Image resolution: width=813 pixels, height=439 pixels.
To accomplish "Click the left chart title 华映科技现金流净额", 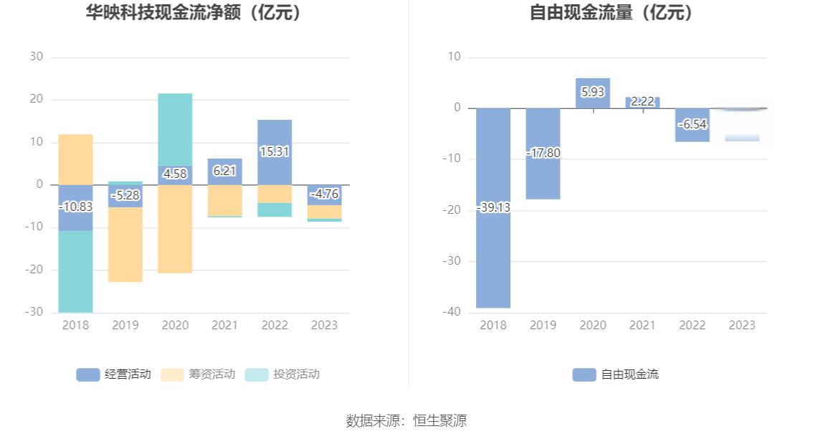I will pyautogui.click(x=193, y=12).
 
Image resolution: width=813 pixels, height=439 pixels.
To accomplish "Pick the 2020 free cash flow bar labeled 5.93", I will pyautogui.click(x=593, y=93).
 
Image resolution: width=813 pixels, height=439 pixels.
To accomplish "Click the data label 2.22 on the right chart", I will pyautogui.click(x=642, y=102).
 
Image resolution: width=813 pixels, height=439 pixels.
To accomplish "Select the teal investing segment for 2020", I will pyautogui.click(x=175, y=129).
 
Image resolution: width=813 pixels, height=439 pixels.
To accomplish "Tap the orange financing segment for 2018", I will pyautogui.click(x=75, y=159).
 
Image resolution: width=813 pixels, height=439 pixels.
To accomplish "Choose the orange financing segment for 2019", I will pyautogui.click(x=125, y=244).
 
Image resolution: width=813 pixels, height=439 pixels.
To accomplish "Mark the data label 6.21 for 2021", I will pyautogui.click(x=224, y=171).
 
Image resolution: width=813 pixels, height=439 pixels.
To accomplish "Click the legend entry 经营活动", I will pyautogui.click(x=114, y=374).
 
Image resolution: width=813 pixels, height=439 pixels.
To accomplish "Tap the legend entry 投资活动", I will pyautogui.click(x=282, y=374).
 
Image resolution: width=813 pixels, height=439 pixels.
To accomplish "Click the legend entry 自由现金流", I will pyautogui.click(x=616, y=374).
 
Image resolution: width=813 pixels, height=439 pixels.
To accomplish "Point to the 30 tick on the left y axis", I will pyautogui.click(x=37, y=57).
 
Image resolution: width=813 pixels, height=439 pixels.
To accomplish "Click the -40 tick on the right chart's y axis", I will pyautogui.click(x=452, y=313).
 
